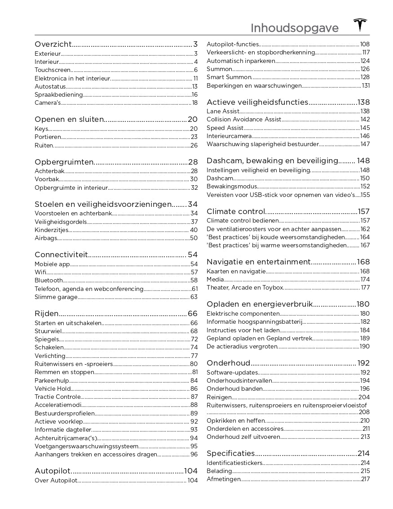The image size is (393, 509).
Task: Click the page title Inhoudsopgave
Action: (294, 28)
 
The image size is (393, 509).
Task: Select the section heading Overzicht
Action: (53, 44)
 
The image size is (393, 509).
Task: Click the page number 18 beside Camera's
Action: (194, 103)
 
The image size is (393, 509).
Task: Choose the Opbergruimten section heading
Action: (64, 162)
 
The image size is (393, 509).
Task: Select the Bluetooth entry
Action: (49, 280)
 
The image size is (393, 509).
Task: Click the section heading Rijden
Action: (46, 313)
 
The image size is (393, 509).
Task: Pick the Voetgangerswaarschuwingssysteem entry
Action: (86, 446)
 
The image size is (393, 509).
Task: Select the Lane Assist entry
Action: (222, 111)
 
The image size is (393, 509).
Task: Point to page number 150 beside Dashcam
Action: (365, 179)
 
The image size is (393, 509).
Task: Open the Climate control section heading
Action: (236, 211)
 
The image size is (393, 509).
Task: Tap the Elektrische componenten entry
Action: (243, 313)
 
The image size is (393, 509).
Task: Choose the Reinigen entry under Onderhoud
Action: (219, 397)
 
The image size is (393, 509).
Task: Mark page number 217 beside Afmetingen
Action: (365, 479)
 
